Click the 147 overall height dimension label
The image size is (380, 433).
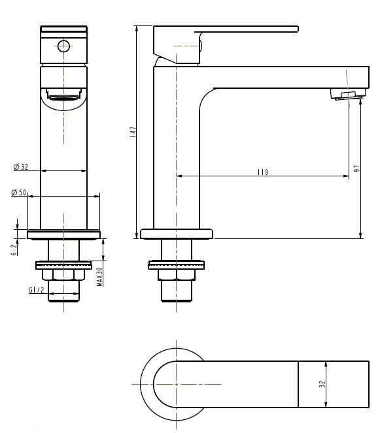click(133, 132)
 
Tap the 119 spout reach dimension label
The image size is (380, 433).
click(263, 172)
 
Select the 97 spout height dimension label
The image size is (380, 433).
click(357, 168)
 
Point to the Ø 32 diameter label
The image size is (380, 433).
click(21, 167)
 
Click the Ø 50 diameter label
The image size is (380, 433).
click(18, 192)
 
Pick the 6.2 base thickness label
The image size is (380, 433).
click(14, 250)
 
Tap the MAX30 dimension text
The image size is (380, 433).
click(100, 276)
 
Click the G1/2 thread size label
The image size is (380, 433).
click(36, 290)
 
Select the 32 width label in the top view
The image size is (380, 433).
click(322, 384)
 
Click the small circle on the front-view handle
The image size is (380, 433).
click(63, 46)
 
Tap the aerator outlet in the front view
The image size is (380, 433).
click(63, 94)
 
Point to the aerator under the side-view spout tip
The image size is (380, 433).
click(348, 94)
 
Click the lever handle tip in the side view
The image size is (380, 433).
click(297, 29)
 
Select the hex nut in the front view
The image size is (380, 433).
click(63, 275)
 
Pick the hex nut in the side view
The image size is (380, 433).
click(177, 275)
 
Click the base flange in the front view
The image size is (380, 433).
click(63, 234)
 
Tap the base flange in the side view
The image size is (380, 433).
click(177, 234)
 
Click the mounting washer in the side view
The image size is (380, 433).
click(177, 265)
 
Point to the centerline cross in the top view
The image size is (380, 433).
click(176, 384)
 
